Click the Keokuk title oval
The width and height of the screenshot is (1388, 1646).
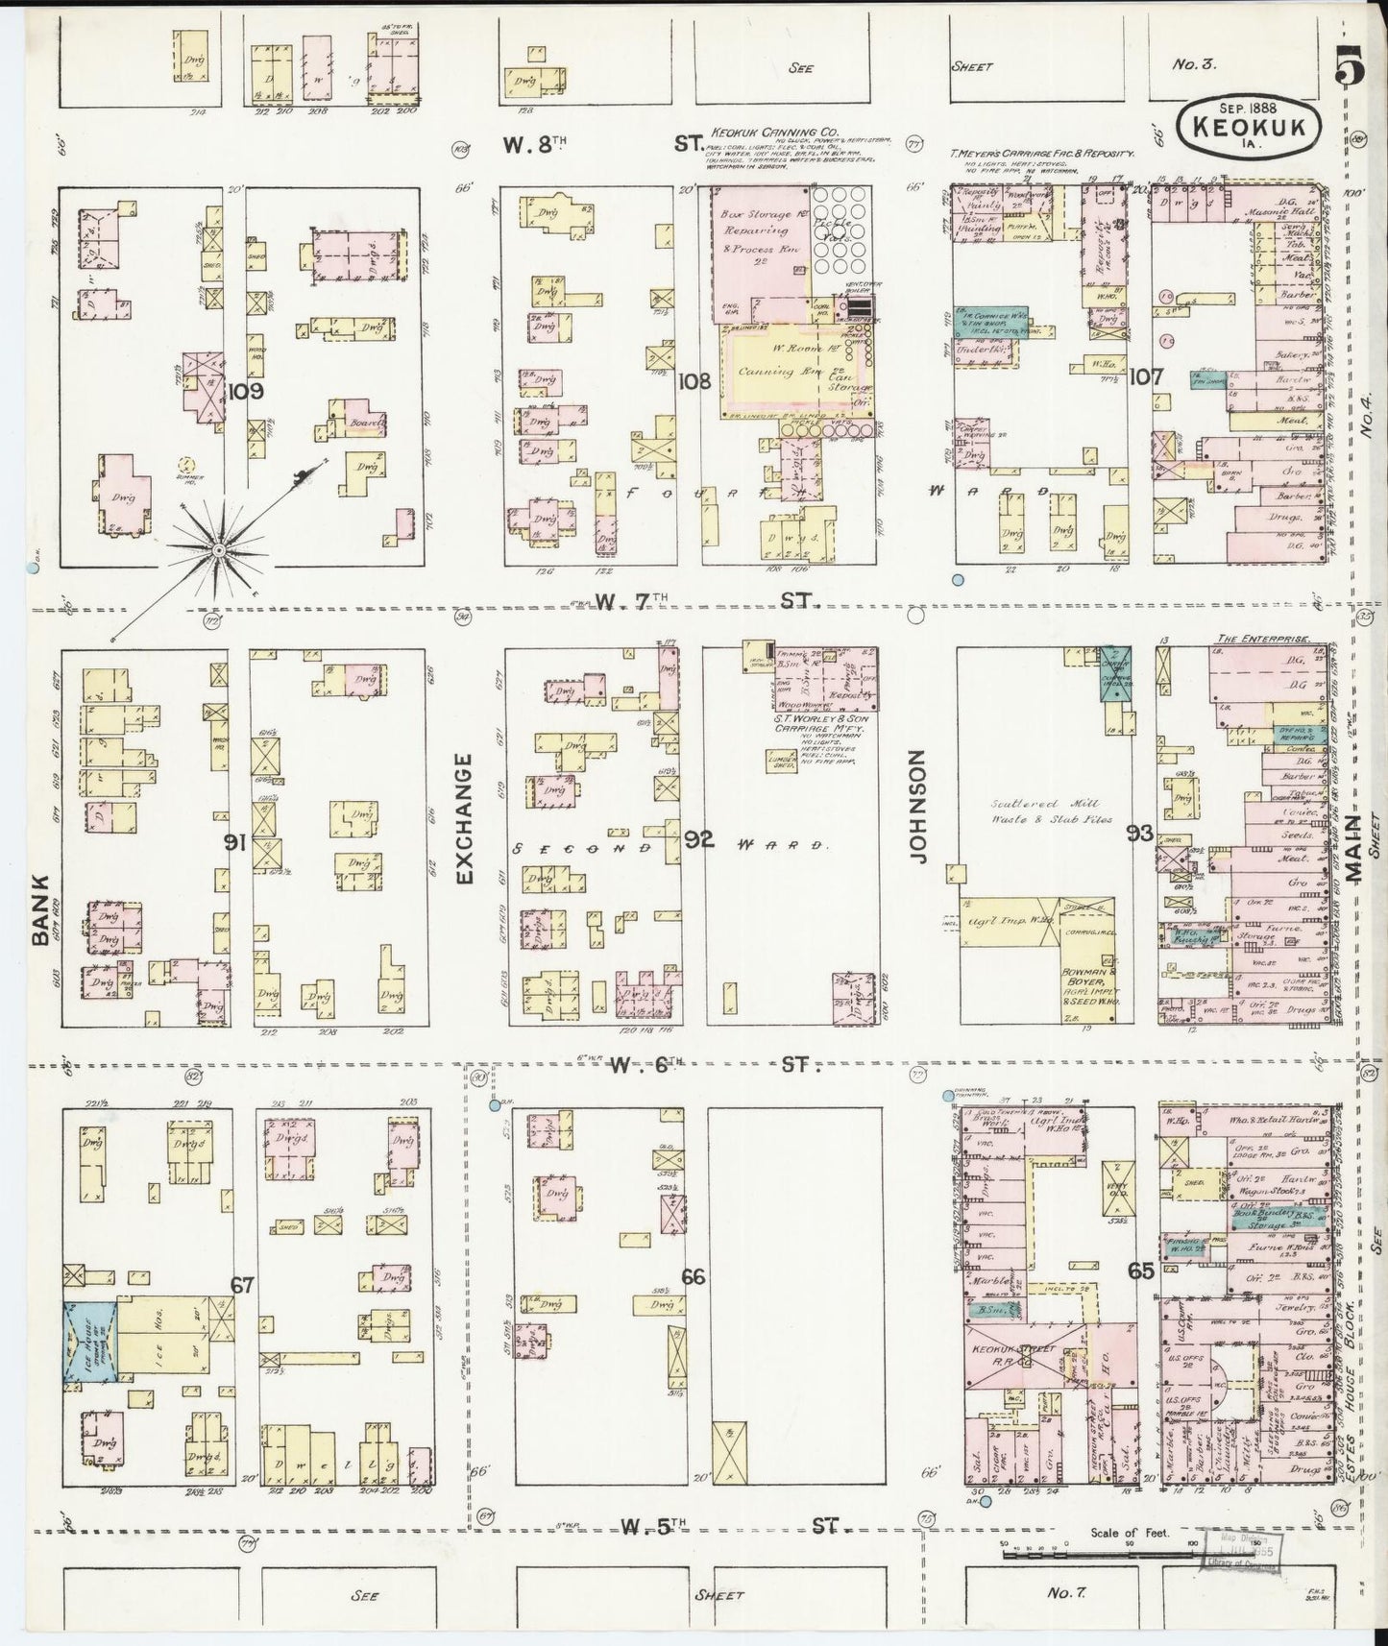pyautogui.click(x=1248, y=123)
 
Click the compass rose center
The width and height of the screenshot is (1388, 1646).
pyautogui.click(x=219, y=549)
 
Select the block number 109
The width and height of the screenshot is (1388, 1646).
pyautogui.click(x=246, y=391)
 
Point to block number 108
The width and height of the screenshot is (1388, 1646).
pyautogui.click(x=694, y=381)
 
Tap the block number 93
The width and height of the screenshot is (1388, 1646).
pyautogui.click(x=1140, y=833)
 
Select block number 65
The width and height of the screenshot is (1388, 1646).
pyautogui.click(x=1142, y=1271)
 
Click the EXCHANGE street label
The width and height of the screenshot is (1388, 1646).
pyautogui.click(x=465, y=819)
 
